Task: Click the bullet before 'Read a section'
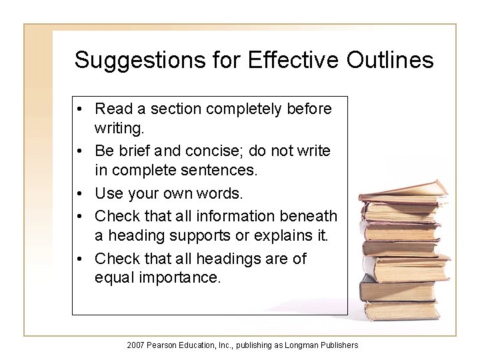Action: [x=79, y=109]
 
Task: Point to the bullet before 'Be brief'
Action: [x=79, y=151]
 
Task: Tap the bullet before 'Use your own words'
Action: [x=79, y=194]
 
